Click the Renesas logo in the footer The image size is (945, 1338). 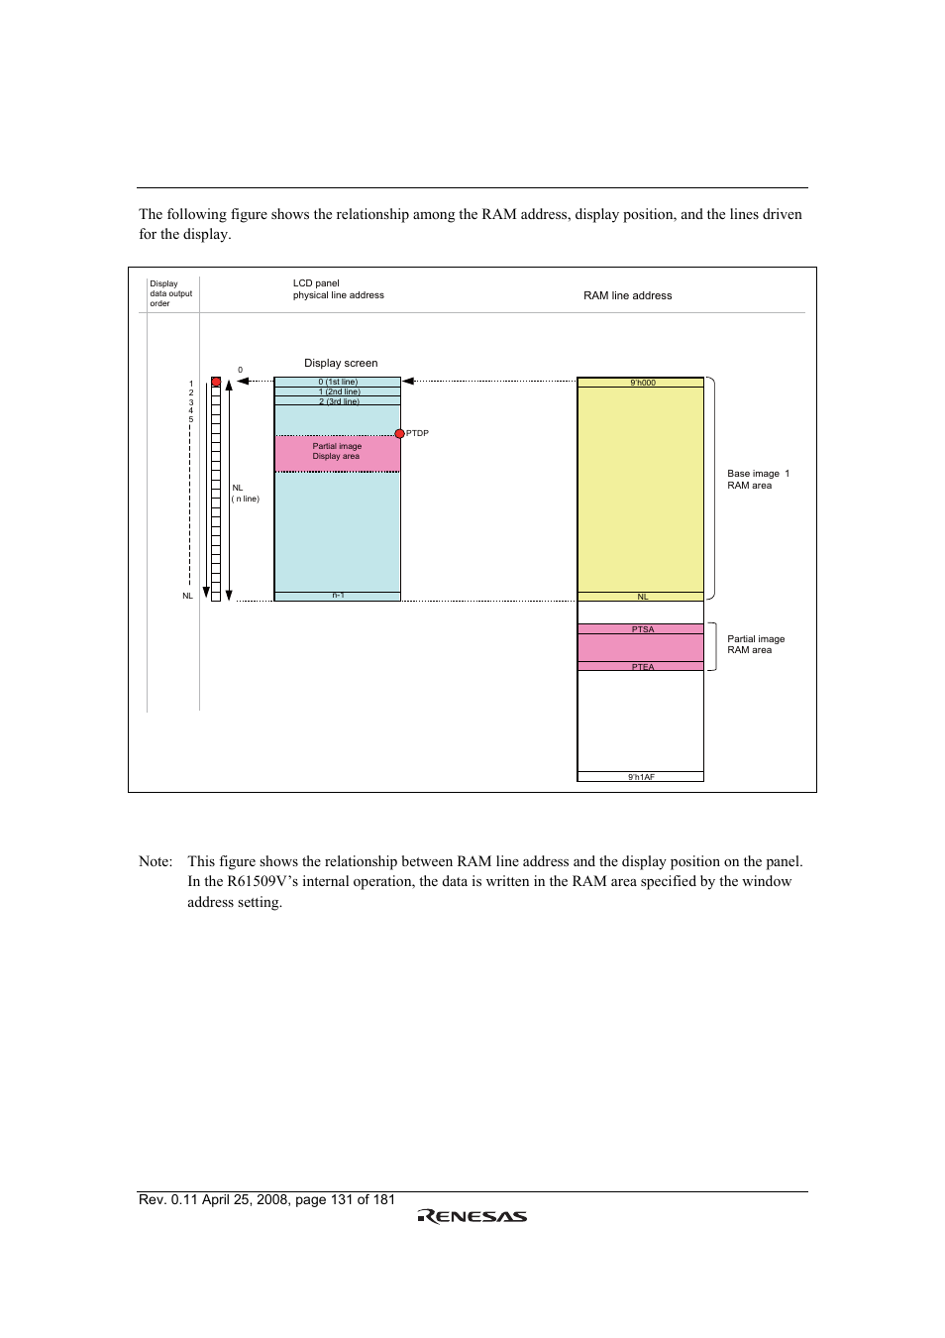(472, 1216)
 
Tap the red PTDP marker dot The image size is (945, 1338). (400, 433)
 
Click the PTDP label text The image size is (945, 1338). (417, 434)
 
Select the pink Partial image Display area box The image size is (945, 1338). (337, 452)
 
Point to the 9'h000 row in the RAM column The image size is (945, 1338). (642, 383)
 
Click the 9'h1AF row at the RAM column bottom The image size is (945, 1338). (641, 777)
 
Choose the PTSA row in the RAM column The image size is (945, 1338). (642, 629)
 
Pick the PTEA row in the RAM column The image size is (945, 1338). (642, 667)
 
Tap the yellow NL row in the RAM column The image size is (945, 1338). (642, 597)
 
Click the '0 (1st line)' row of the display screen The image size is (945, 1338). (338, 382)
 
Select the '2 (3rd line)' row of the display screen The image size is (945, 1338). (338, 401)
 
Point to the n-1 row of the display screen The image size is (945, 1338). (338, 596)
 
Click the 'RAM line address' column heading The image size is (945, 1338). (627, 295)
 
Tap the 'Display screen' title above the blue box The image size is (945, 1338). (341, 363)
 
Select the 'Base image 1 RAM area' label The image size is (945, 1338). (758, 480)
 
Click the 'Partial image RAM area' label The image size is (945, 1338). (756, 644)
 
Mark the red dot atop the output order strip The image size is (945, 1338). (216, 382)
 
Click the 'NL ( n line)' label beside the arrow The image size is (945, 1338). (245, 494)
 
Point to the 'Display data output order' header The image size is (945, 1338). (170, 293)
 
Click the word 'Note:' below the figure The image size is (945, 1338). (156, 861)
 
